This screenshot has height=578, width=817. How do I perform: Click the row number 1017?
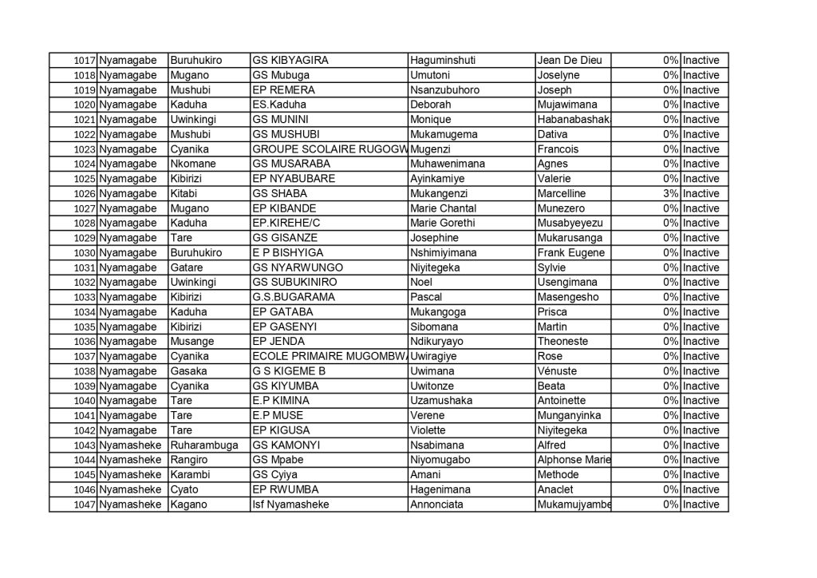[x=83, y=61]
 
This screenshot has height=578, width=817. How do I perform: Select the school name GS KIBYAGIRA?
[x=290, y=61]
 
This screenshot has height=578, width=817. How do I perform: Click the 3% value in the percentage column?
[x=670, y=193]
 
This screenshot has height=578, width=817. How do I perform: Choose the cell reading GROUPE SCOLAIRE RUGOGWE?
[x=329, y=149]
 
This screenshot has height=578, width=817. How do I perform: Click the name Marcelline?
[x=562, y=193]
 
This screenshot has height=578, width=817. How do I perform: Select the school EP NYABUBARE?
[x=293, y=179]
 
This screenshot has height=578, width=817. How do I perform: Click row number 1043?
[x=83, y=445]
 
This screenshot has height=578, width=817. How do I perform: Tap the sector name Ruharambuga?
[x=203, y=445]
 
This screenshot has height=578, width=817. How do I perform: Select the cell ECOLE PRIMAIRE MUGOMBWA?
[x=329, y=356]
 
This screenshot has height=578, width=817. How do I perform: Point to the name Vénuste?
[x=557, y=371]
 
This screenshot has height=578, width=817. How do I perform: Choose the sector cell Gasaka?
[x=188, y=371]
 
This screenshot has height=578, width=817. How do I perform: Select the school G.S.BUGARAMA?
[x=293, y=297]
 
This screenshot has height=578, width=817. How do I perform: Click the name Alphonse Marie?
[x=574, y=460]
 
